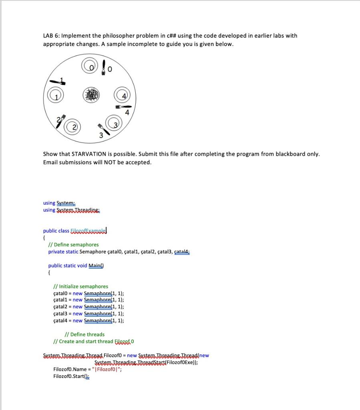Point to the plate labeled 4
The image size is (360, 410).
[x=123, y=97]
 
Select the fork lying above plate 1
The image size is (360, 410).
[x=57, y=82]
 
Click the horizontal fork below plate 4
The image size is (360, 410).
[x=124, y=107]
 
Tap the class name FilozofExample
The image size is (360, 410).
[x=88, y=231]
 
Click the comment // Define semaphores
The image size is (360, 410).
[x=73, y=244]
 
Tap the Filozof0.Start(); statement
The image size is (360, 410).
[x=71, y=377]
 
